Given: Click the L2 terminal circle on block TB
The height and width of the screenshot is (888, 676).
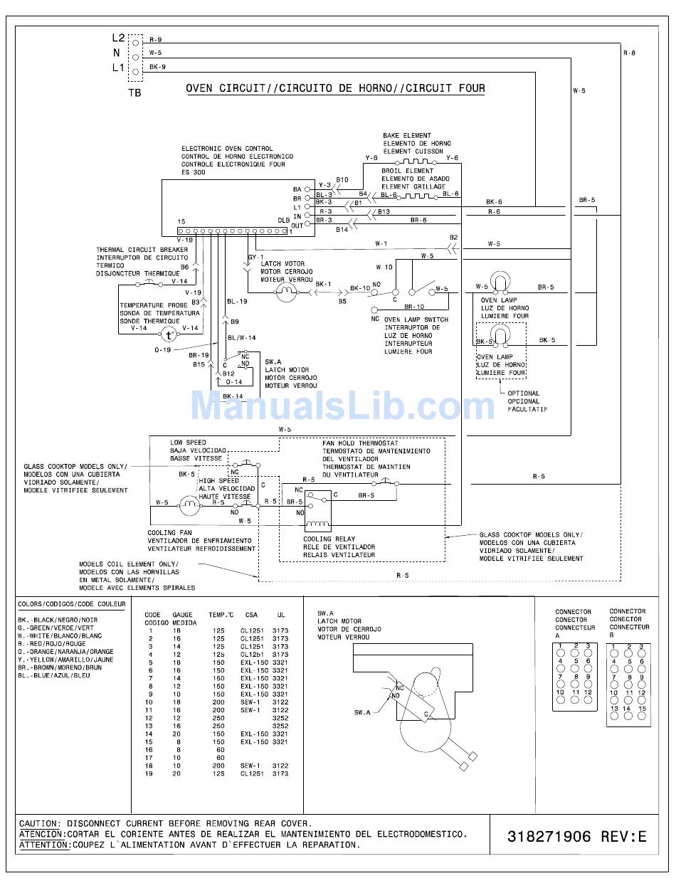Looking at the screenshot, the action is (136, 43).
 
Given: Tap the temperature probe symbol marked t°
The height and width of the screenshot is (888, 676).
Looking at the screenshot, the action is (169, 335).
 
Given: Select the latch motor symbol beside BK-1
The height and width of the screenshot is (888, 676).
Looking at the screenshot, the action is (287, 291).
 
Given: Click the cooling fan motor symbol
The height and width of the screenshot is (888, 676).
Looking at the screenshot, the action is (189, 505).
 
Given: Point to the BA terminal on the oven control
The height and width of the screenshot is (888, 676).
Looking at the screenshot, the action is (307, 189).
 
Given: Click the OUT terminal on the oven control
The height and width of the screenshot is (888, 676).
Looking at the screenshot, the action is (307, 223).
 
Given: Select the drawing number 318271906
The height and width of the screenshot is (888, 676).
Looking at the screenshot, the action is (549, 836).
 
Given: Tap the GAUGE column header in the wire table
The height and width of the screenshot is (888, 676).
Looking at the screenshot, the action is (182, 615).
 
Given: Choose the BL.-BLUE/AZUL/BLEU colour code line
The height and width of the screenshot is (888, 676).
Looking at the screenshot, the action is (54, 675).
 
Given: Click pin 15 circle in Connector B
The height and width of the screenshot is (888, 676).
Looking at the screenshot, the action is (642, 716).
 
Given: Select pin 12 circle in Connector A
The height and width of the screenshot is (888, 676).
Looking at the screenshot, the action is (588, 699).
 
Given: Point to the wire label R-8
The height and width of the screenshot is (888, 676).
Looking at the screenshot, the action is (629, 53).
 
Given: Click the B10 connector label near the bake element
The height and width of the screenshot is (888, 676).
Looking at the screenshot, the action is (342, 179).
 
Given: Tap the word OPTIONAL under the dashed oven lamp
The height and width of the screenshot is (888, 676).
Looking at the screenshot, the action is (524, 393).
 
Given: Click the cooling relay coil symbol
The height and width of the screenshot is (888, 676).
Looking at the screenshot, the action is (318, 524).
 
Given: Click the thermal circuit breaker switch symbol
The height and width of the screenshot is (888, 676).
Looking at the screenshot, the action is (149, 282).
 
